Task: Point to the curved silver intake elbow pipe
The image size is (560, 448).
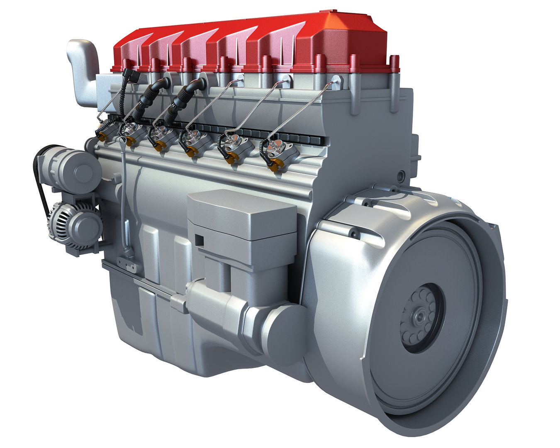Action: click(x=83, y=71)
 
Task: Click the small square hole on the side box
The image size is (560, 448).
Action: click(x=200, y=240)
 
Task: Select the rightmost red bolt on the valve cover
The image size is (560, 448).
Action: click(x=394, y=64)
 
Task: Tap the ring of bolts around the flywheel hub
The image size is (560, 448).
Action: click(x=431, y=307)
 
